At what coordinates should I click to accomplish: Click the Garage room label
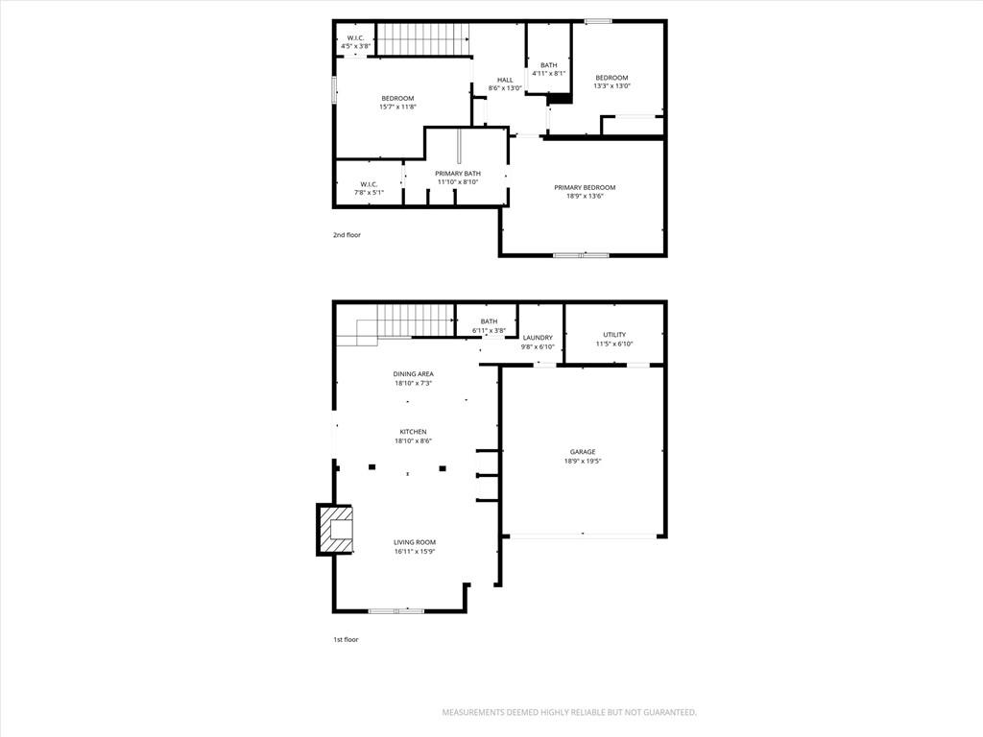click(583, 452)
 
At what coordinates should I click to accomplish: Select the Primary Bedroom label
click(585, 187)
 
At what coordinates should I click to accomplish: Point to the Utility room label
click(614, 335)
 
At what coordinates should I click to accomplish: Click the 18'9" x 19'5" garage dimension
click(583, 462)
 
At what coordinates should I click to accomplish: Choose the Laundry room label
click(538, 338)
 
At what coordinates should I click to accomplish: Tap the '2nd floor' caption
click(347, 235)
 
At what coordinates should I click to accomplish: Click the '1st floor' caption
click(346, 640)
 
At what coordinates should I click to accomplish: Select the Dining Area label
click(413, 374)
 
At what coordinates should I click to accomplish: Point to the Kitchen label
click(413, 432)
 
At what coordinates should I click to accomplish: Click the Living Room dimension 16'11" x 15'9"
click(415, 552)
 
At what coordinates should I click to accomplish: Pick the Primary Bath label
click(458, 174)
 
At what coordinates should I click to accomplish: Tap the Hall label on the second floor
click(505, 81)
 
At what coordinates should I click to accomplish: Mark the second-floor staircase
click(422, 39)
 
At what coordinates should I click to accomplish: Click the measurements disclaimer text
click(569, 713)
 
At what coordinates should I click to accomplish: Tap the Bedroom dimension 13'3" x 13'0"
click(611, 86)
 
